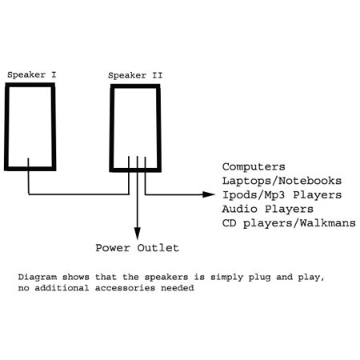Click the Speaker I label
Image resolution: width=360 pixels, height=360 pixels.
point(32,75)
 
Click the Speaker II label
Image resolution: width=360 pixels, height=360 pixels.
point(135,76)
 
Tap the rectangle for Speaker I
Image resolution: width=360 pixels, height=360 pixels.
point(6,126)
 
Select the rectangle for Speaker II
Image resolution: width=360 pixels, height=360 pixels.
point(112,128)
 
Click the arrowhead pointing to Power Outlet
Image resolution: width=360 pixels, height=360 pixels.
point(137,234)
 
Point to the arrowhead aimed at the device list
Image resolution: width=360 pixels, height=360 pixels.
point(209,194)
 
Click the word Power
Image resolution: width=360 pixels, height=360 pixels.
point(113,248)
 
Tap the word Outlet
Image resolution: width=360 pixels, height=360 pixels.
point(158,248)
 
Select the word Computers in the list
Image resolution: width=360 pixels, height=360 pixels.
point(254,167)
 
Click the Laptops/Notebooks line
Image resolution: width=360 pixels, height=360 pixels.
point(282,181)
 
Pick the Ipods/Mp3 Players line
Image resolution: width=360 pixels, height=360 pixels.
point(282,195)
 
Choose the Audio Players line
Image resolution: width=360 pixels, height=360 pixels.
point(268,209)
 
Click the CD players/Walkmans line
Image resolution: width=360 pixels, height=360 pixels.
point(289,223)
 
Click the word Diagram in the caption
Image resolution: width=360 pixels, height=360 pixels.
point(38,277)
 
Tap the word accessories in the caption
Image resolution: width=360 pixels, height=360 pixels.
point(125,288)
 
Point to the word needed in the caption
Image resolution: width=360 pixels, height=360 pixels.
point(178,288)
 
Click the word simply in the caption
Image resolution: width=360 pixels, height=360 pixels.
point(227,278)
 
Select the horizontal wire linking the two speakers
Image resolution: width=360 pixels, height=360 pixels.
point(78,194)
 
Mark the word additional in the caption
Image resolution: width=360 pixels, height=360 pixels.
point(62,288)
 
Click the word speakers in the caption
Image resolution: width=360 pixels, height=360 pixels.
point(166,278)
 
